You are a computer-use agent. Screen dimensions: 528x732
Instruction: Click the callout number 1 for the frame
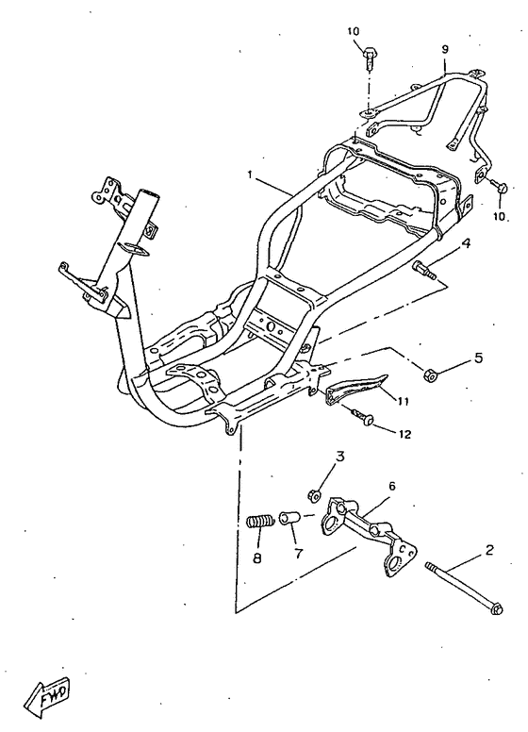(x=250, y=175)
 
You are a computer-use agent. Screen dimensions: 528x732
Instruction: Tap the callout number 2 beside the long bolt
(x=488, y=550)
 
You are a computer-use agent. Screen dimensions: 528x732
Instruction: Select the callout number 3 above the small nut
(x=340, y=457)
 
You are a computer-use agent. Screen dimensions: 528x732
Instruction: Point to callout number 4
(x=466, y=242)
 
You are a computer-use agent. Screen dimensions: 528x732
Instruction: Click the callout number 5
(x=478, y=358)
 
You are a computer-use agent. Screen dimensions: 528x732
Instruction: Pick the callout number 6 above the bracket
(x=392, y=486)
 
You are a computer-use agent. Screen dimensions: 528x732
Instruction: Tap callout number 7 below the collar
(x=299, y=553)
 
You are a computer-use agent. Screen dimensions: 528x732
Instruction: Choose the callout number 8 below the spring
(x=257, y=557)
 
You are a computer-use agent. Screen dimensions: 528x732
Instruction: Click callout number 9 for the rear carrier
(x=444, y=49)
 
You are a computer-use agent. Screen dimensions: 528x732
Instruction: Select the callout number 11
(x=403, y=401)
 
